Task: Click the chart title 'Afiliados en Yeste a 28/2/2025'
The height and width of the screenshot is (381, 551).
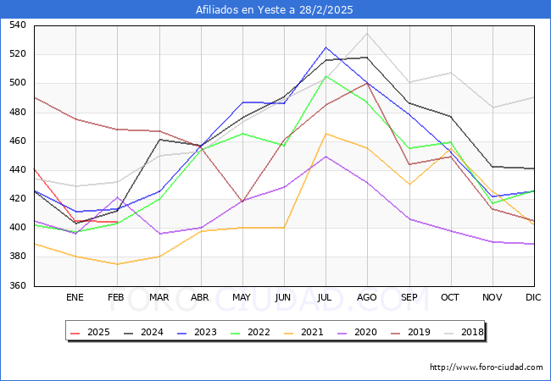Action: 275,9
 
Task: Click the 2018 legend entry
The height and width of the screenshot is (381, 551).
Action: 465,332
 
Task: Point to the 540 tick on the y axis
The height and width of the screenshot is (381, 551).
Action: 17,25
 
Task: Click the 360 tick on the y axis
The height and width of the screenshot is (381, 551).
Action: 17,285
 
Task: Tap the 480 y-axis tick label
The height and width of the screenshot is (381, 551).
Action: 17,112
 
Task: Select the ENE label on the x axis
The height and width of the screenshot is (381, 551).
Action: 75,297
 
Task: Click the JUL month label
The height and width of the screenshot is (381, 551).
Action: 326,297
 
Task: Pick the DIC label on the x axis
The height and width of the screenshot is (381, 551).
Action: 533,297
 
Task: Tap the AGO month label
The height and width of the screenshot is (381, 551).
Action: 367,297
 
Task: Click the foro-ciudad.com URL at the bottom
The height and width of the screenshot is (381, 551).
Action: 487,367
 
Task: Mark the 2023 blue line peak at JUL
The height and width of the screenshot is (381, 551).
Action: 326,47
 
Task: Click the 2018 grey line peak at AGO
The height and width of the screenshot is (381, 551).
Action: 367,33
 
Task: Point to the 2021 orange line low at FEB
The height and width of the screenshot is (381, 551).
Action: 117,264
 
